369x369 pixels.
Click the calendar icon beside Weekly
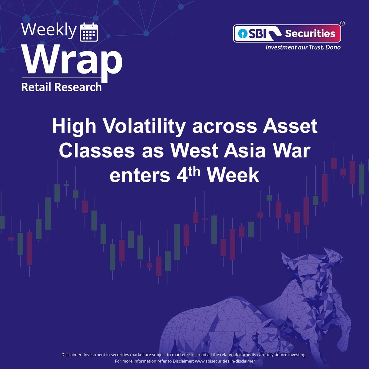coord(89,32)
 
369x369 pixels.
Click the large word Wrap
coord(72,61)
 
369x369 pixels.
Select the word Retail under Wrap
coord(36,87)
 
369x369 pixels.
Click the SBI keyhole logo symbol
coord(241,33)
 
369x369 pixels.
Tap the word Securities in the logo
coord(310,33)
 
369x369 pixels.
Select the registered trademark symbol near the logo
coord(342,23)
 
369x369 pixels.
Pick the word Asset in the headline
coord(291,126)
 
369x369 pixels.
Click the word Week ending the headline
coord(233,176)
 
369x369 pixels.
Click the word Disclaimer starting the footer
coord(72,355)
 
